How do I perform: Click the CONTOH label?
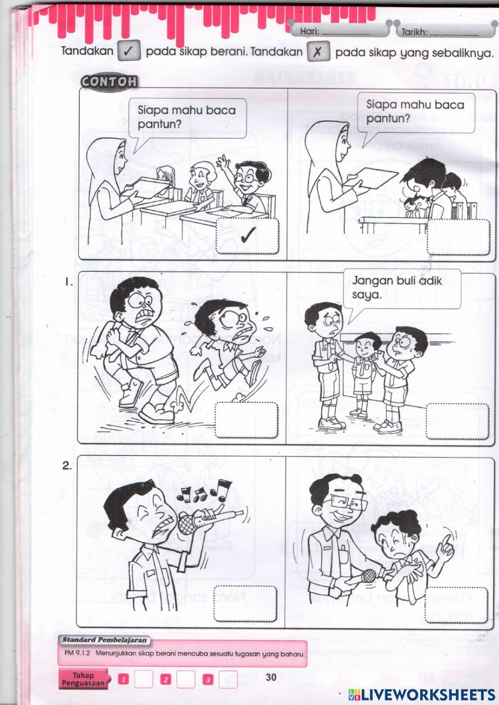(109, 82)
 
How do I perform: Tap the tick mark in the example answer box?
(248, 235)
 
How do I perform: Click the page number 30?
(271, 677)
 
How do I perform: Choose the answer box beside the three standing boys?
(458, 422)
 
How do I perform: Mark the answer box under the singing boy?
(245, 603)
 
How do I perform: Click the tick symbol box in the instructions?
(129, 51)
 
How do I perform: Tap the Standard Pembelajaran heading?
(104, 640)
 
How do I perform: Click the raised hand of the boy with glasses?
(223, 162)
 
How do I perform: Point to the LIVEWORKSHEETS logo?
(422, 694)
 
